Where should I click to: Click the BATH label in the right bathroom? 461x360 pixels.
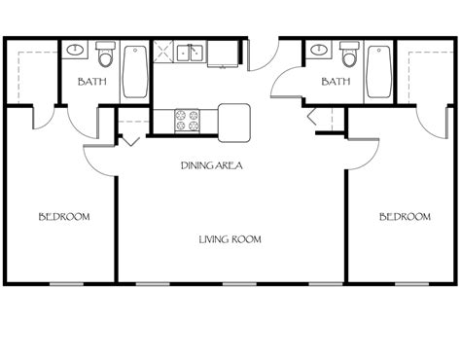click(336, 83)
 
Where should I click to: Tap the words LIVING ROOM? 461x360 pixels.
click(230, 238)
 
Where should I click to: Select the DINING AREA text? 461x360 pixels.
click(211, 166)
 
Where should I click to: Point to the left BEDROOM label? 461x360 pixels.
click(64, 217)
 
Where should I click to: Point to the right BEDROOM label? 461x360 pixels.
click(404, 217)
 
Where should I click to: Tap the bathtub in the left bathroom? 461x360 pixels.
click(134, 69)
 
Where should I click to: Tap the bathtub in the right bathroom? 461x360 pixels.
click(377, 69)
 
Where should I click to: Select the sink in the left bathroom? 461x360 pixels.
click(76, 50)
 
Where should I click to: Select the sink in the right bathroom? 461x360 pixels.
click(316, 50)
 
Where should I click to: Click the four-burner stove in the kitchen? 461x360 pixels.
click(186, 122)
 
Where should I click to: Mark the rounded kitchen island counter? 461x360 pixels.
click(233, 119)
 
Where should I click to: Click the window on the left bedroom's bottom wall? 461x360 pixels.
click(64, 283)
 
